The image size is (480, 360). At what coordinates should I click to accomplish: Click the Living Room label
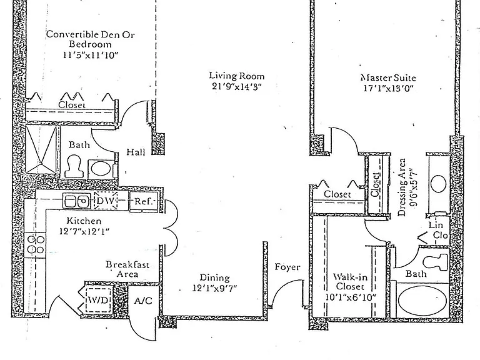point(237,76)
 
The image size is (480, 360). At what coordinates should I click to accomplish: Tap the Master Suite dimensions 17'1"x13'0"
point(389,89)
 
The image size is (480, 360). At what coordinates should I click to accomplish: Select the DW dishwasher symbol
point(106,201)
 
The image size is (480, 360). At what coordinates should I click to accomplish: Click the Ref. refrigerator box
point(144,201)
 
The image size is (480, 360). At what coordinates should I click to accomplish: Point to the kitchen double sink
point(76,201)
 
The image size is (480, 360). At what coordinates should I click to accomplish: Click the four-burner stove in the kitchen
point(35,244)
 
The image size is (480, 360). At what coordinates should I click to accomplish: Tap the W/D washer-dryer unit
point(98,300)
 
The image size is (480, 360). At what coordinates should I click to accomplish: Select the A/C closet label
point(143,301)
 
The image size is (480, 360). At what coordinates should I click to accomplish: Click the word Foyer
point(287,267)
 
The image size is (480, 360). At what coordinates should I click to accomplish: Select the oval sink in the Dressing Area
point(438,184)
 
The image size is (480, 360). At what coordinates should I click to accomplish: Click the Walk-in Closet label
point(349,282)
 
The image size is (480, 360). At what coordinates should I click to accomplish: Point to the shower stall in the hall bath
point(41,150)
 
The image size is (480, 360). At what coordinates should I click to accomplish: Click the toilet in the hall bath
point(74,166)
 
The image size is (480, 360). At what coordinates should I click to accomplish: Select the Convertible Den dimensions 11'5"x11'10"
point(90,55)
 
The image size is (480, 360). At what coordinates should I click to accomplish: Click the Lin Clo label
point(438,230)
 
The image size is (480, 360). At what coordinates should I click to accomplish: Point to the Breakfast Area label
point(127,269)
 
